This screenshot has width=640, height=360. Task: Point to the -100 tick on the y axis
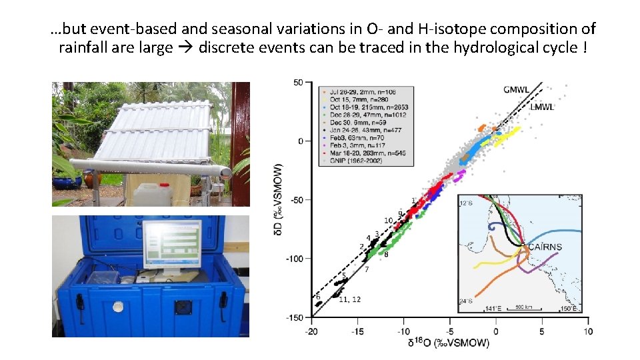click(x=294, y=259)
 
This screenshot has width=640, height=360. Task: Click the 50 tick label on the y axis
click(x=299, y=82)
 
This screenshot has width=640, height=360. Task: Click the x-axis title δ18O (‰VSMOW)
click(x=449, y=343)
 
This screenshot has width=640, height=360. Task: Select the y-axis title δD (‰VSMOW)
click(x=279, y=200)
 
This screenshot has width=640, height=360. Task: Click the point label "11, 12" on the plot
click(x=349, y=300)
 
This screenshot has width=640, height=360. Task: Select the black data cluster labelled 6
click(x=318, y=303)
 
